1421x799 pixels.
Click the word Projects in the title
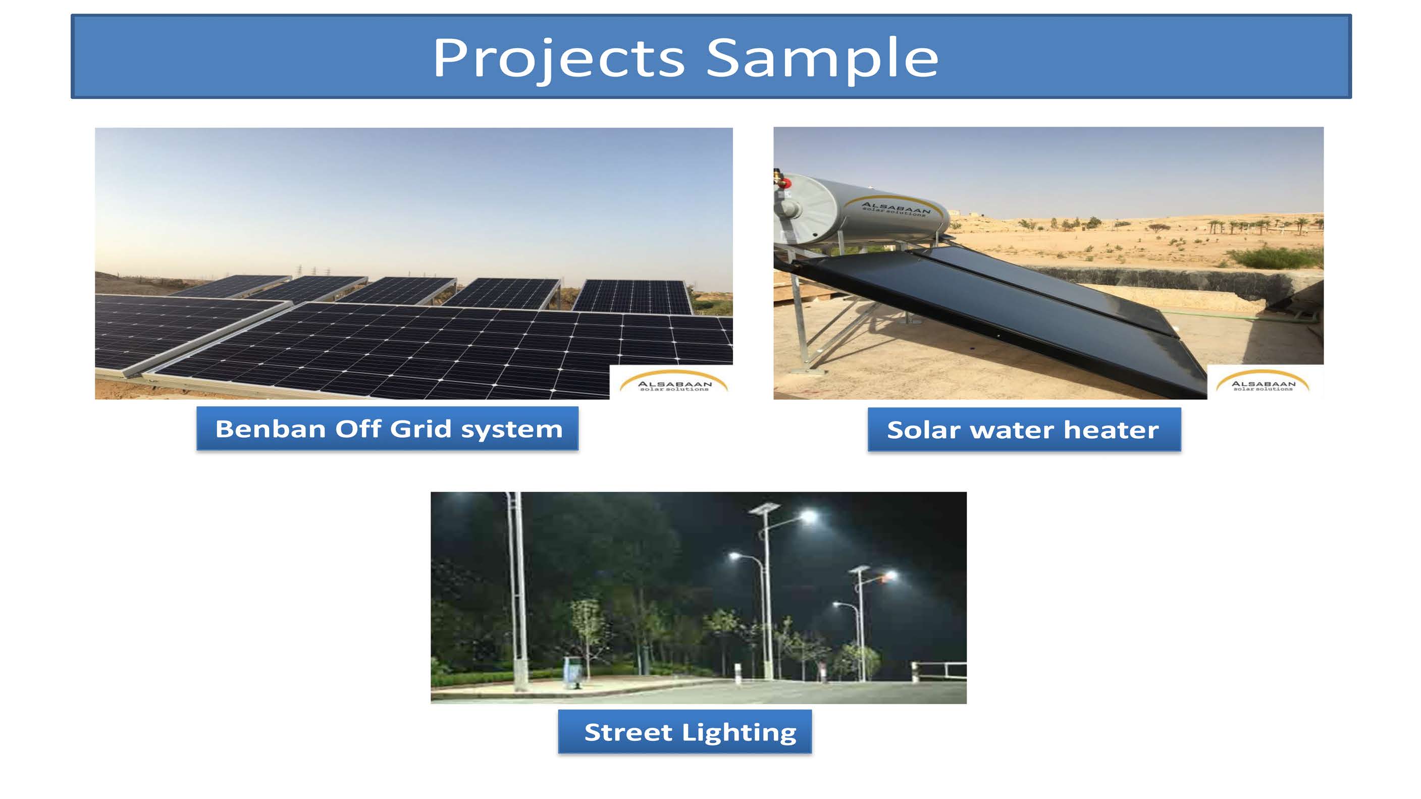point(559,59)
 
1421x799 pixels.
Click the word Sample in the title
point(822,59)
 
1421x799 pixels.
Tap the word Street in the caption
point(628,732)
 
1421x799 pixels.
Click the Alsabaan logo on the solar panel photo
point(673,382)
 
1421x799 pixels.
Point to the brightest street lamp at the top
point(809,517)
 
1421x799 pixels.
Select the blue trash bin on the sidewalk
point(573,673)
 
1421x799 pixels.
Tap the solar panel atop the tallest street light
point(764,508)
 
